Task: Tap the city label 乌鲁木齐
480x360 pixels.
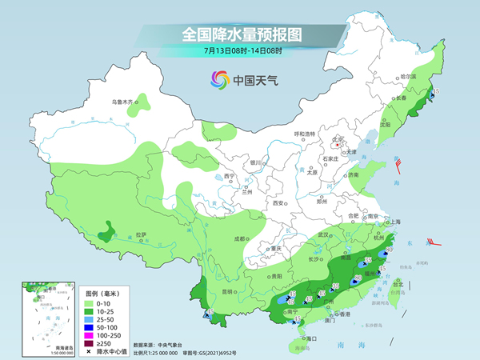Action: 122,102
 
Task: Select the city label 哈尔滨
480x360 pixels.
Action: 408,76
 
